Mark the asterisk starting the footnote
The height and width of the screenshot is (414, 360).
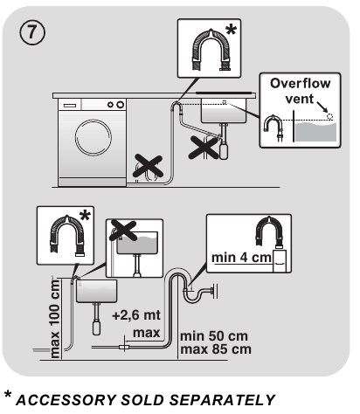(8, 397)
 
